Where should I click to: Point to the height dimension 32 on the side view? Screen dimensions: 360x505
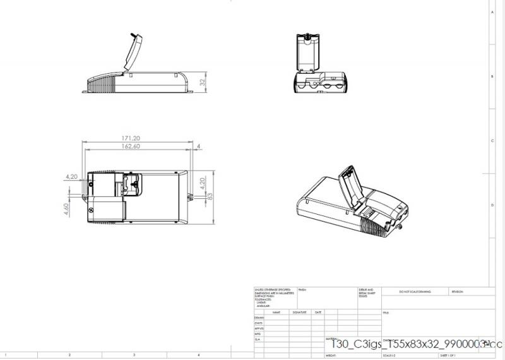point(203,82)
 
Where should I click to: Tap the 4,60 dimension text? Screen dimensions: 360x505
point(67,209)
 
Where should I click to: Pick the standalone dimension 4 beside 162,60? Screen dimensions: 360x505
point(198,147)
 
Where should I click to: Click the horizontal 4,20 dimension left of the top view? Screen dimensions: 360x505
point(71,177)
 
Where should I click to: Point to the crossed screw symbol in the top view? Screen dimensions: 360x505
point(93,210)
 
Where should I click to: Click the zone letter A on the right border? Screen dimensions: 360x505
point(492,12)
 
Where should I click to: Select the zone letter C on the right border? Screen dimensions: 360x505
point(492,140)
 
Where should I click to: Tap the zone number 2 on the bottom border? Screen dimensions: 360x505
point(69,355)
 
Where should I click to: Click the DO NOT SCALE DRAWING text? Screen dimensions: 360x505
point(415,292)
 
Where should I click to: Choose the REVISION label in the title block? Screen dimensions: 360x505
point(457,292)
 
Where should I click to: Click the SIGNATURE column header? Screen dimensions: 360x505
point(299,312)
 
